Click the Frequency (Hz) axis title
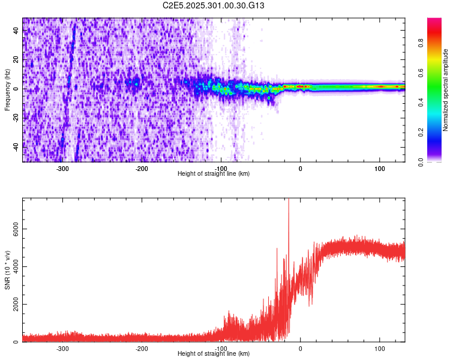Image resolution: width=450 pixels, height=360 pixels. [x=7, y=90]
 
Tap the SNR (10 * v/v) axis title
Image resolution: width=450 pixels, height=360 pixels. [x=7, y=270]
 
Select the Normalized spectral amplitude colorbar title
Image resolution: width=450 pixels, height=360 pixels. [x=445, y=90]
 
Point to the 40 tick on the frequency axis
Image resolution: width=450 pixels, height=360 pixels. [x=16, y=31]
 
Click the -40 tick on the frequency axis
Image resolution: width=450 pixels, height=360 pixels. [x=15, y=146]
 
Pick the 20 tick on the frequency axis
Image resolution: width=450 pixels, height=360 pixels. [x=16, y=60]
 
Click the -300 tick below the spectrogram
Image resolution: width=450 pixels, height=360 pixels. [x=62, y=169]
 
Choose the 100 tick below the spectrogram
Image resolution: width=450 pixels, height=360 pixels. [x=380, y=169]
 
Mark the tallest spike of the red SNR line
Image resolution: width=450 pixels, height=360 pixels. [x=289, y=200]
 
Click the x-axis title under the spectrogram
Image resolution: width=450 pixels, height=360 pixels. [x=214, y=174]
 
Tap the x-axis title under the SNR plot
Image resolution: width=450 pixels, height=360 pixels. [x=214, y=354]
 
